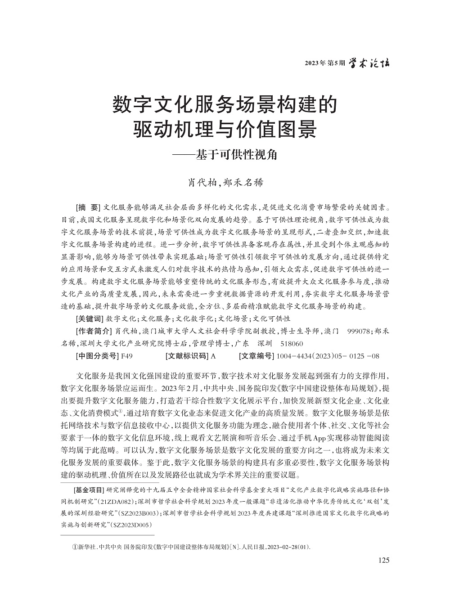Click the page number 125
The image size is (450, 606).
pyautogui.click(x=384, y=560)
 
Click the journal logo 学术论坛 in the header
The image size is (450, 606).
pyautogui.click(x=369, y=63)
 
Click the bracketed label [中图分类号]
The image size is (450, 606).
pyautogui.click(x=96, y=356)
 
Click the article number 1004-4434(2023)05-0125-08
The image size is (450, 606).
pyautogui.click(x=328, y=356)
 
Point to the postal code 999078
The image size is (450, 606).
pyautogui.click(x=359, y=331)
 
